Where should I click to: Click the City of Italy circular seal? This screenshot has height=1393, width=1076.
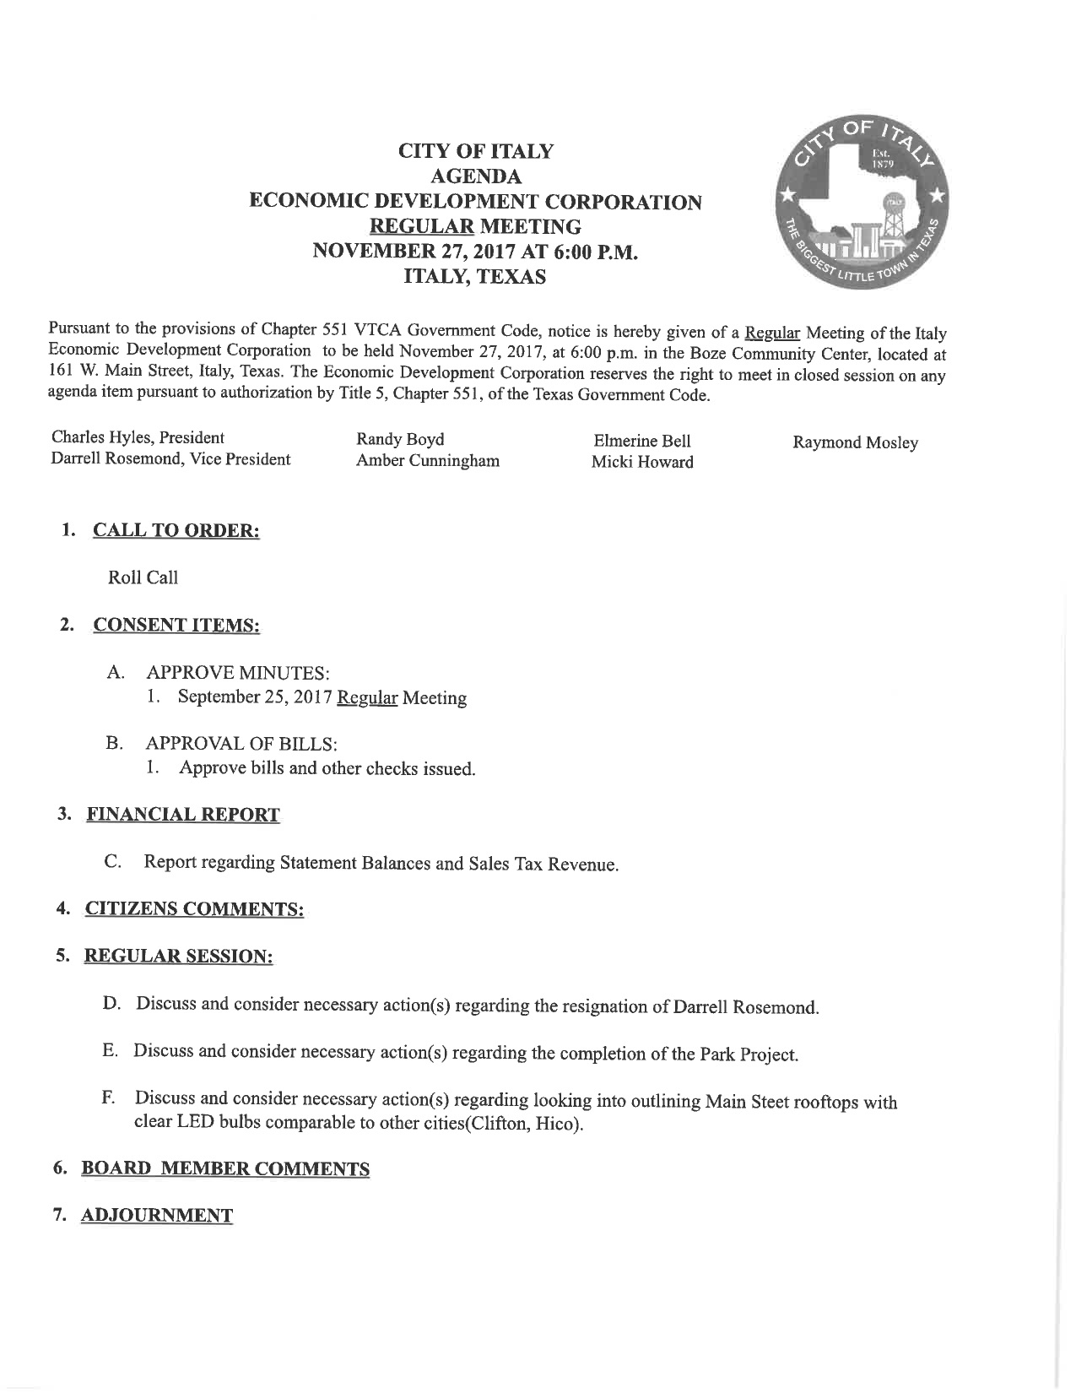[865, 207]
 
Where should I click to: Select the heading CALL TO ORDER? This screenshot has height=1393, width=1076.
[176, 531]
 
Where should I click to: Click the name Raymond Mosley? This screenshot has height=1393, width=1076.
[855, 442]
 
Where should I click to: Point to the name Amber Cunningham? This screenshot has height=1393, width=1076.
[427, 461]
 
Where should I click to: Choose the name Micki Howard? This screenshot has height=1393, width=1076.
[642, 462]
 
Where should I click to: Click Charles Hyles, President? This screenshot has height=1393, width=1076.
[138, 437]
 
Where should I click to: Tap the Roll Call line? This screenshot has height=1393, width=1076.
[143, 577]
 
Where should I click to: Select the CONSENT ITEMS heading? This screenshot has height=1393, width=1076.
[176, 626]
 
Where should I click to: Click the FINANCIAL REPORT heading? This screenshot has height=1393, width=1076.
[183, 815]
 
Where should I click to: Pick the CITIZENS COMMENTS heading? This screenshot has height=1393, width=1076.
[194, 909]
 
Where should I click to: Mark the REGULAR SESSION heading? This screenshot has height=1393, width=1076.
[178, 957]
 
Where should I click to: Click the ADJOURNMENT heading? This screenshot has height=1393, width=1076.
[156, 1216]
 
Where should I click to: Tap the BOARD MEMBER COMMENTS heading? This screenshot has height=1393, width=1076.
[224, 1169]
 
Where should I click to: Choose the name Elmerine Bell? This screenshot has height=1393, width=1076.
[642, 441]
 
